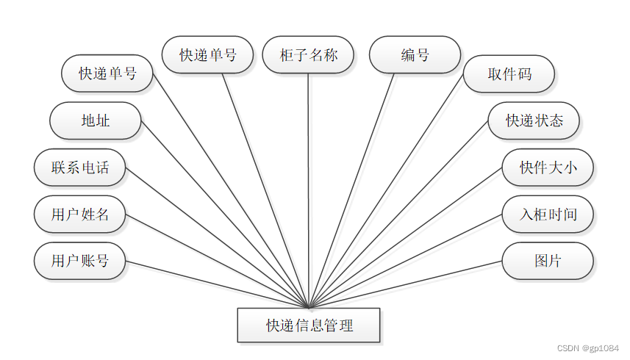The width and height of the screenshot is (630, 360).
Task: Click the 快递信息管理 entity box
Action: (309, 325)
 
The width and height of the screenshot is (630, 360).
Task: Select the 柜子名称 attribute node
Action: (309, 55)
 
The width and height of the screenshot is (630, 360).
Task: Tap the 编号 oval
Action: (415, 55)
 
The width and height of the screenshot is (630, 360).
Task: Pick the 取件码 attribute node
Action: (509, 74)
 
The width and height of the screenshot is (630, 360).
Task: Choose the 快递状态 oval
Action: (534, 120)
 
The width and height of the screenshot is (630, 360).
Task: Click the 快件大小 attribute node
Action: (548, 168)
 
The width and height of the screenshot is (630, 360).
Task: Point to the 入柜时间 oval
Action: (548, 215)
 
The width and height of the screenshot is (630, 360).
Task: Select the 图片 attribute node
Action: (548, 261)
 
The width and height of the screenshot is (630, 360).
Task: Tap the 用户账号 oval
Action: (80, 261)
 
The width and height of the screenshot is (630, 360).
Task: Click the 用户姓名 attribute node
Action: (80, 215)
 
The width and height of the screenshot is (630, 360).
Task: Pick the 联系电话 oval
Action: (80, 168)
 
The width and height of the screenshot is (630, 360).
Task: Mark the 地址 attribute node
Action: (96, 120)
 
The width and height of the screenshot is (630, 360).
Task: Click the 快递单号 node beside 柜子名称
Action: (208, 55)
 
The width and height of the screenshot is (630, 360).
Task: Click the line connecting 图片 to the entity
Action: (412, 283)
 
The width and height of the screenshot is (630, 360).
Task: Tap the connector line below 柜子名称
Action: (309, 184)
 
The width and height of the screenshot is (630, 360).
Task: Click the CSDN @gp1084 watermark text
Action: (589, 348)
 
